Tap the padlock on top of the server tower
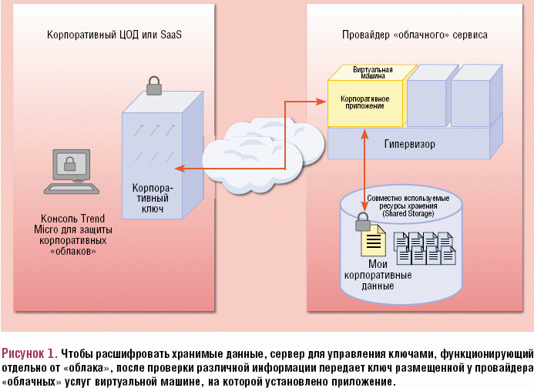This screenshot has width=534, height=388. [x=155, y=84]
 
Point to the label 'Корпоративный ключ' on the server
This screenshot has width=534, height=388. [x=153, y=199]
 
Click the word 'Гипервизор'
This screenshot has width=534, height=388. [x=409, y=144]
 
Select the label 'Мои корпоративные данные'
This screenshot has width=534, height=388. [x=378, y=275]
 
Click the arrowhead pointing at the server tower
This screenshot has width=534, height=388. [x=183, y=168]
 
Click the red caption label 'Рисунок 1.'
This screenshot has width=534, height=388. [x=29, y=353]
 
